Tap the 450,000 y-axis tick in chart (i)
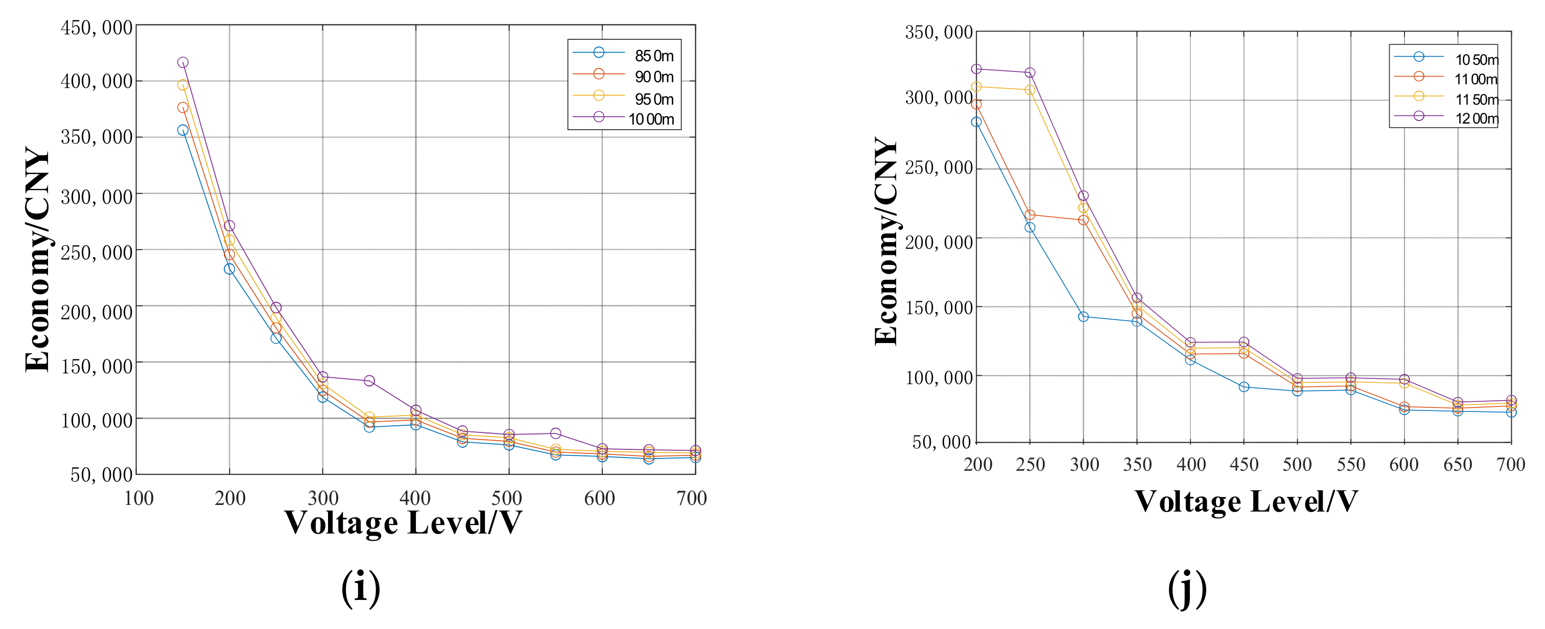(97, 28)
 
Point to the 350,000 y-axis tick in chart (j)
(939, 32)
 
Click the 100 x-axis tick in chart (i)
(138, 498)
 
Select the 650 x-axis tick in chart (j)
(1458, 465)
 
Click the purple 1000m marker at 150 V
(183, 62)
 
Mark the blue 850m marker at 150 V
(183, 130)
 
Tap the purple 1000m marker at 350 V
(369, 381)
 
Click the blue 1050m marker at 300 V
(1083, 317)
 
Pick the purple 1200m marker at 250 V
(1030, 72)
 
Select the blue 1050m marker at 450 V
(1244, 387)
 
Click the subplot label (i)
(361, 588)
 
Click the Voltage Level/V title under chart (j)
(1246, 501)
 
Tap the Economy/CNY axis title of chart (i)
(37, 259)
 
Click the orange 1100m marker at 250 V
(1030, 214)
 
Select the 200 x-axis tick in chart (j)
(977, 465)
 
